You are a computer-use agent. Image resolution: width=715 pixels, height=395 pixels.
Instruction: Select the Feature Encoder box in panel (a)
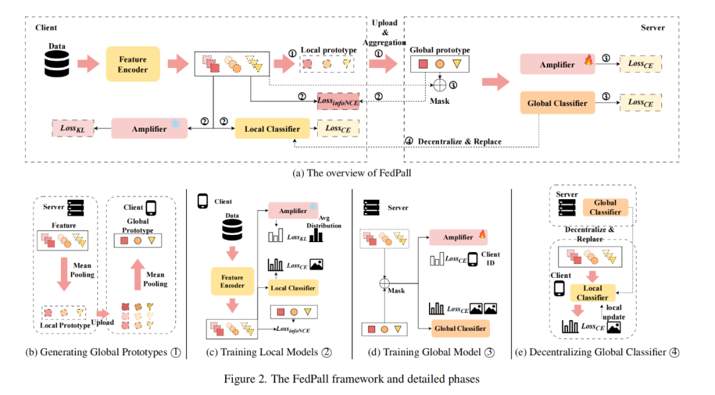tap(133, 64)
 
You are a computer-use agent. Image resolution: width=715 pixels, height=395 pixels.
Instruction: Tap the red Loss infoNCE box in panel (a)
tap(338, 101)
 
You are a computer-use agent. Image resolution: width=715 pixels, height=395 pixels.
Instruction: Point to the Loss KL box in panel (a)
tap(68, 128)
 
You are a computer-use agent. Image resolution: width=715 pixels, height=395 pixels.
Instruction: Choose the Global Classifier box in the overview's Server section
tap(557, 103)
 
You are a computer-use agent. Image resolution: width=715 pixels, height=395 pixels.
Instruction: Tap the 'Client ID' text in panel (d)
tap(491, 259)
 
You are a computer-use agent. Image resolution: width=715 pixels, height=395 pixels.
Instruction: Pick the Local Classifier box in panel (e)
tap(592, 292)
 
